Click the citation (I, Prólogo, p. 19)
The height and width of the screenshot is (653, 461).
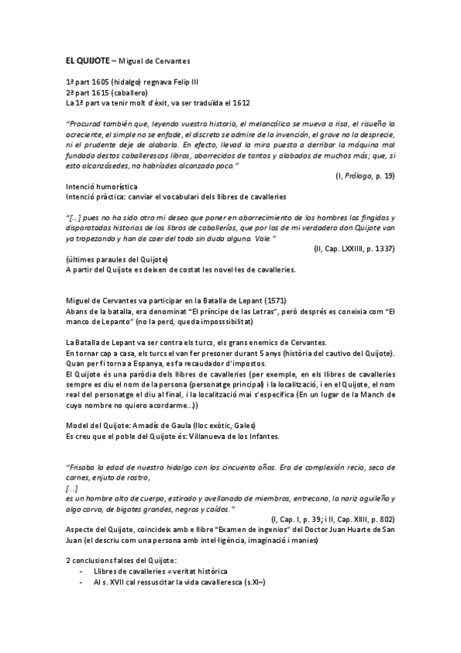365,176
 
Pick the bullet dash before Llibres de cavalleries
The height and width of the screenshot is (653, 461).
82,572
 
